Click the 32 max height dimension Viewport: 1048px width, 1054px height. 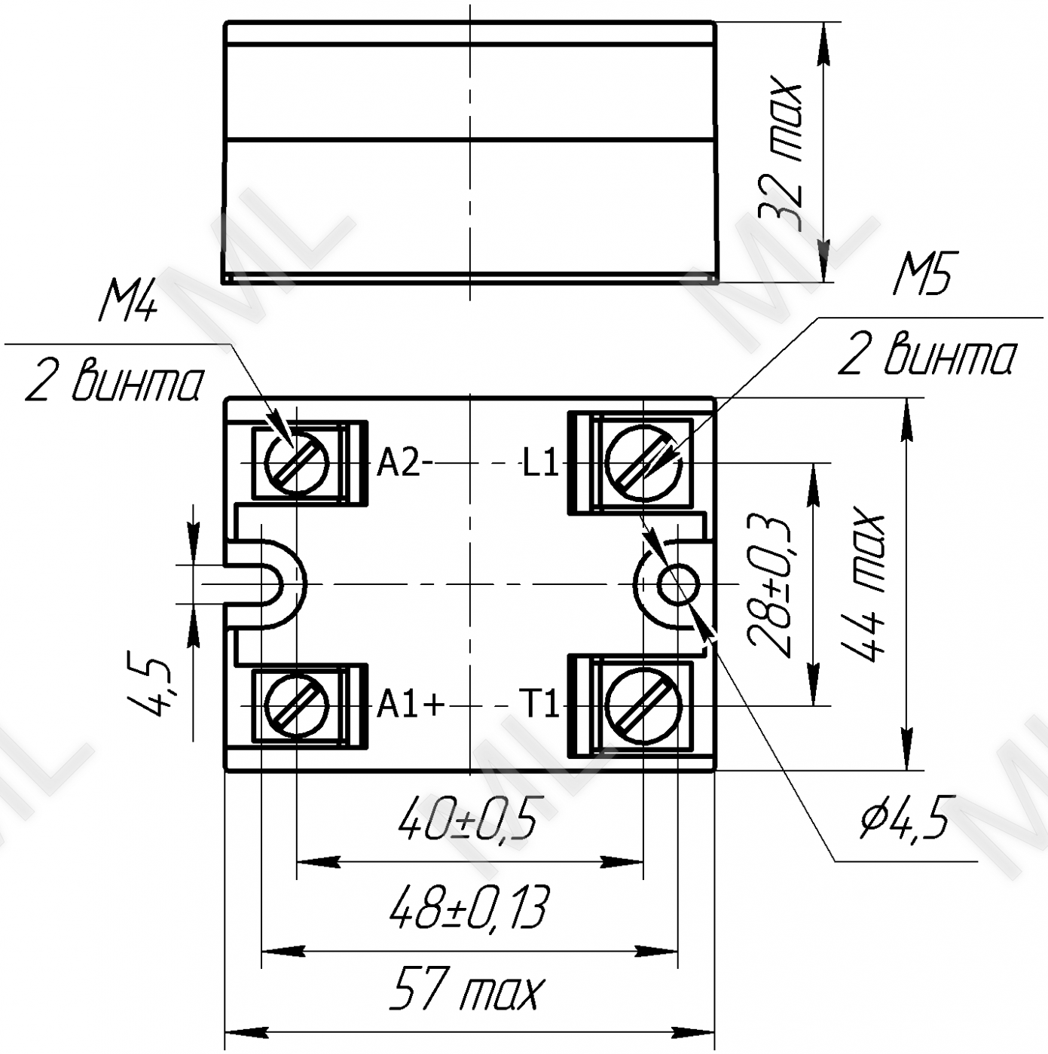coord(780,157)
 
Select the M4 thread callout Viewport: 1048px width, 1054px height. coord(127,303)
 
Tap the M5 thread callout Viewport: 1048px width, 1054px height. coord(922,273)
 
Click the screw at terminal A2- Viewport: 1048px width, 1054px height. coord(296,463)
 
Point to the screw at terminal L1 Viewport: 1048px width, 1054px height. coord(643,463)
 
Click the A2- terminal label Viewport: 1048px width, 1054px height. coord(404,465)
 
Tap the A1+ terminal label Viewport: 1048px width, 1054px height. coord(410,706)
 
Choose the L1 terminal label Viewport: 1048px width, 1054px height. coord(540,465)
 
